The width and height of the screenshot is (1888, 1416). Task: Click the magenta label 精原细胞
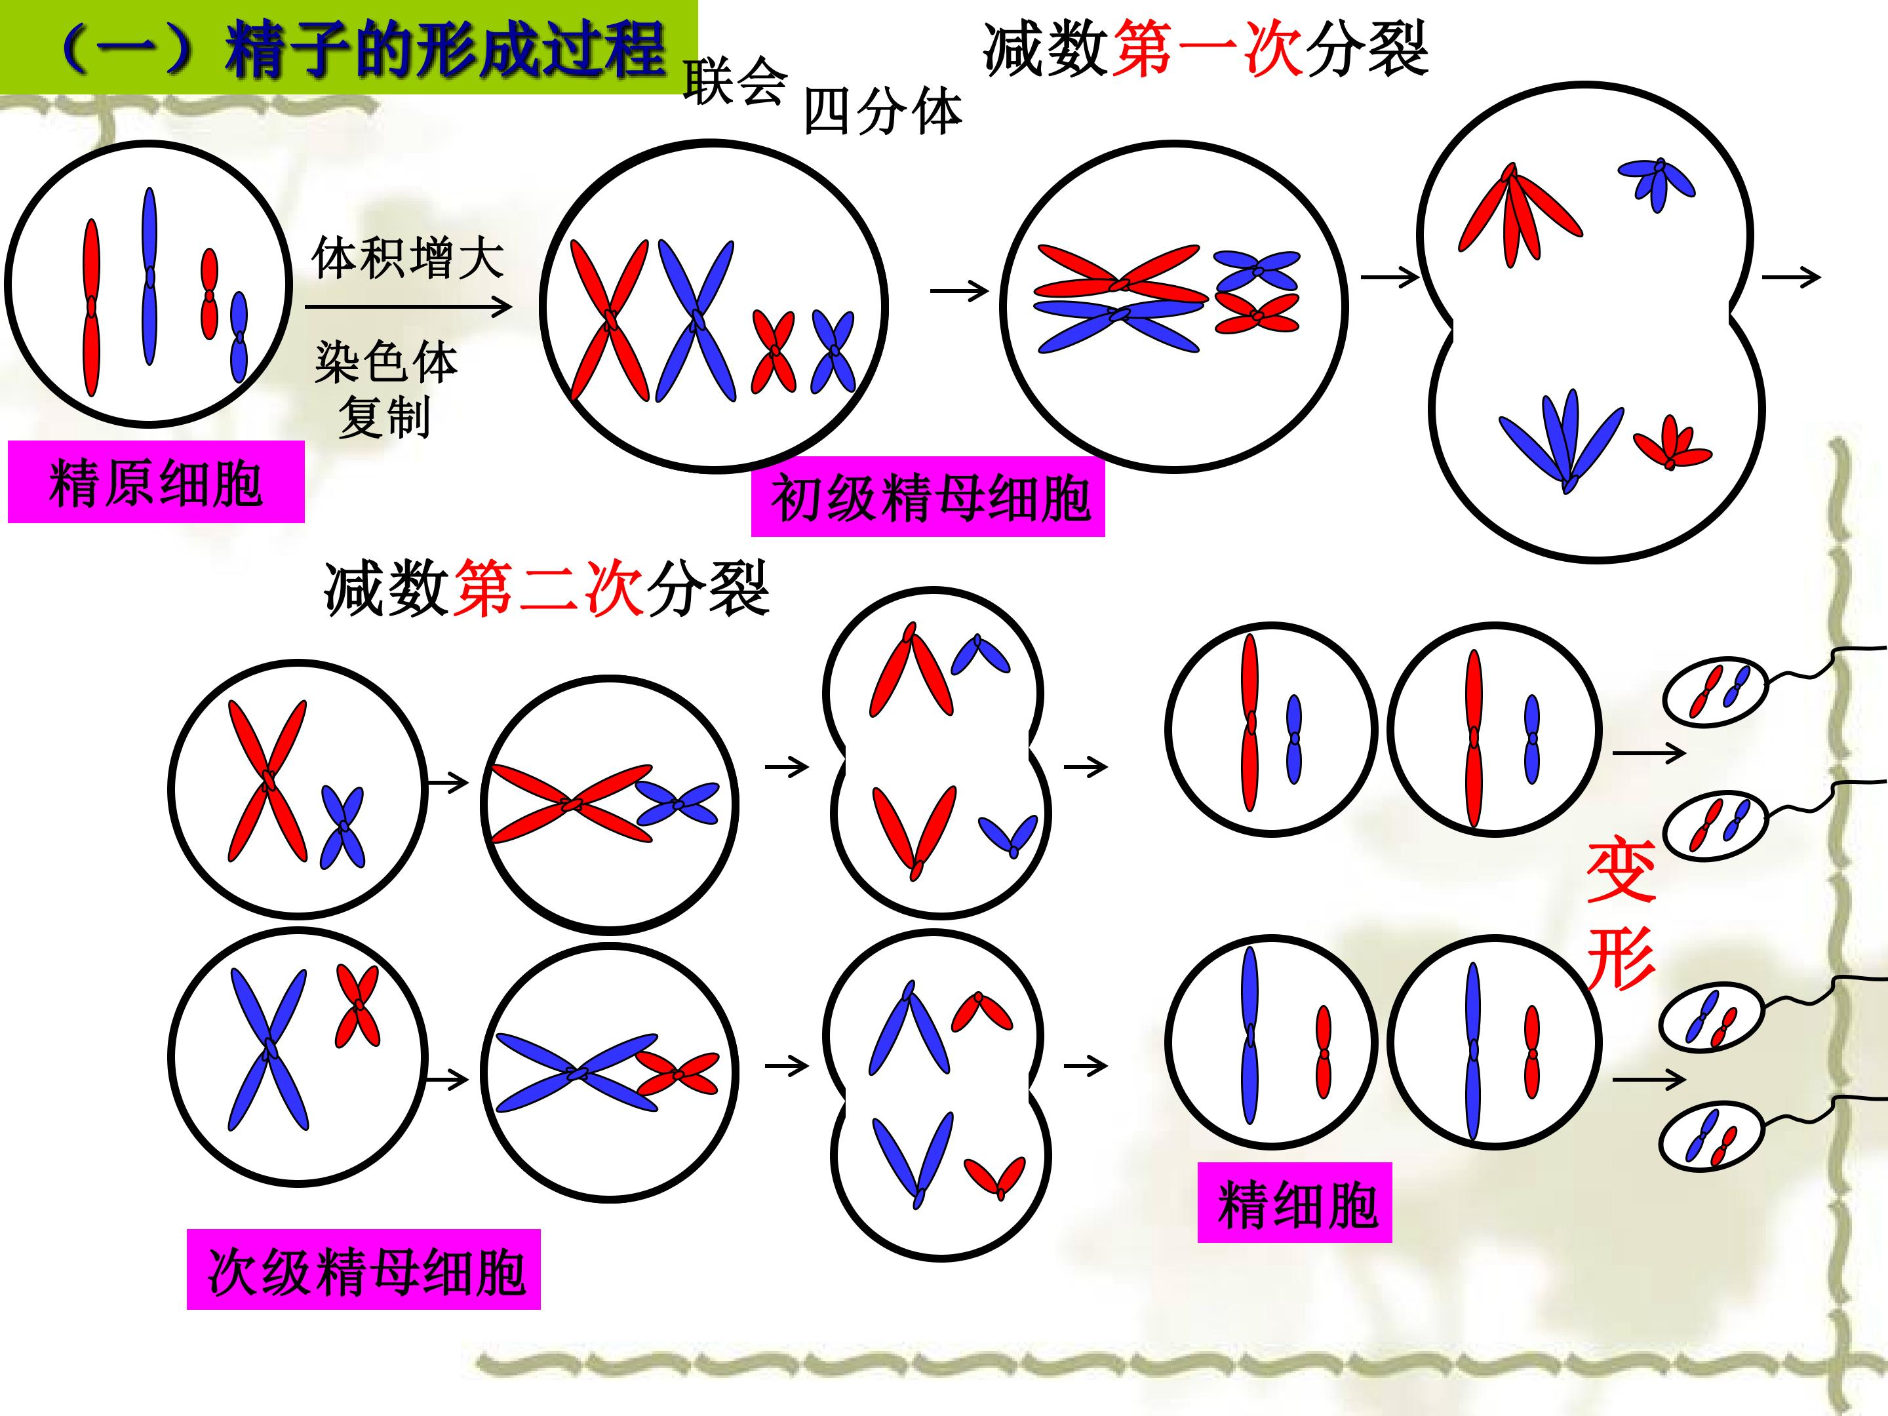(156, 481)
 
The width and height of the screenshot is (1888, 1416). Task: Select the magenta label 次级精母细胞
(364, 1269)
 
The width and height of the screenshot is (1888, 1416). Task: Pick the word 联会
(734, 83)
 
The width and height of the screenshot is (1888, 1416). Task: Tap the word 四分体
(882, 112)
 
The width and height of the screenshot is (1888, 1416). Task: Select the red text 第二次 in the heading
(548, 588)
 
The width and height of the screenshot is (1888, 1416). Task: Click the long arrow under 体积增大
(408, 306)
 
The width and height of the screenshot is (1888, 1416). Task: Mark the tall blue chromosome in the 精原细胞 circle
(150, 277)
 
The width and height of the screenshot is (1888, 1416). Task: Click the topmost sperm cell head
(1715, 692)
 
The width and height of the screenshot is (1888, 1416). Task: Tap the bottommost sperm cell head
(1711, 1138)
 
